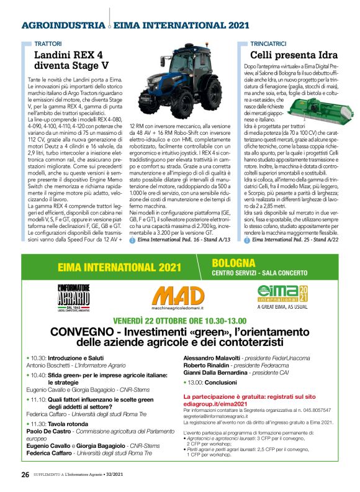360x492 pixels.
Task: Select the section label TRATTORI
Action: tap(48, 44)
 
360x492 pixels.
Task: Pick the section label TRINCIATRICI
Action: tap(269, 44)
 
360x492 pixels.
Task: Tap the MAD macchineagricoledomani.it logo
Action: tap(179, 298)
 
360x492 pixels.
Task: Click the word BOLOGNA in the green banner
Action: tap(233, 263)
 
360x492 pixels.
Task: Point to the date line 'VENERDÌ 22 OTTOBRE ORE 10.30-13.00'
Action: tap(179, 320)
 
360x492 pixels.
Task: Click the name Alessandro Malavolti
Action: tap(210, 358)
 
